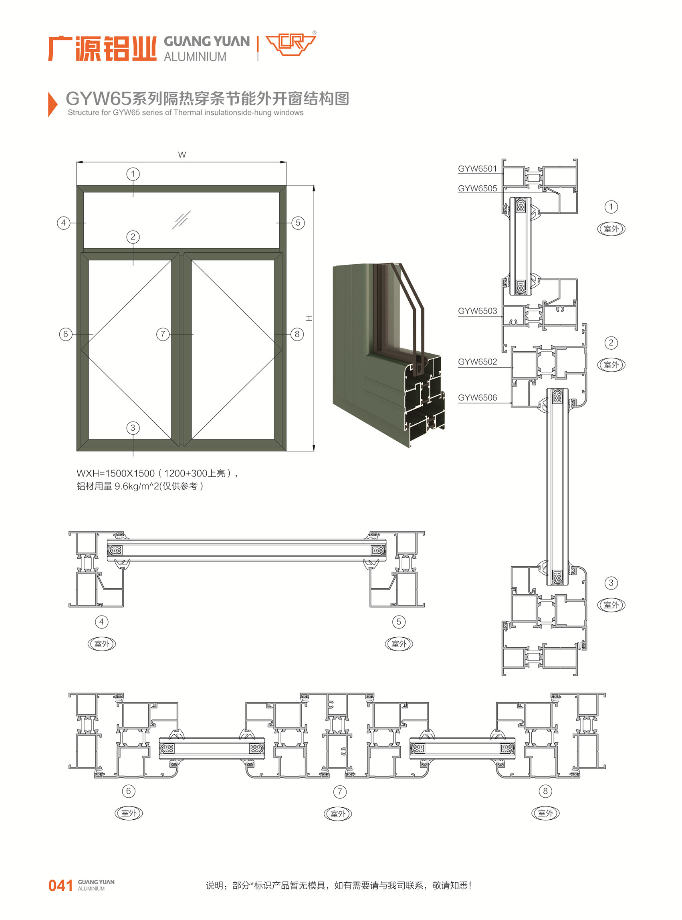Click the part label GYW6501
tap(477, 168)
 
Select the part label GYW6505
tap(477, 188)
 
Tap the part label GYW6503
tap(477, 311)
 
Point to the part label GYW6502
tap(477, 362)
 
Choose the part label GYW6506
tap(477, 398)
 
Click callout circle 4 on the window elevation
tap(64, 223)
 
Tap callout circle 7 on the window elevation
tap(163, 334)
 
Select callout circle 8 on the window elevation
tap(297, 334)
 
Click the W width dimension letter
tap(182, 155)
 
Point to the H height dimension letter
tap(309, 318)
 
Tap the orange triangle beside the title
tap(52, 105)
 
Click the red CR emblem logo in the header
tap(291, 44)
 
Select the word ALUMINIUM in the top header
tap(195, 57)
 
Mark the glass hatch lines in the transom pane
tap(181, 220)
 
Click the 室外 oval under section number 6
tap(128, 813)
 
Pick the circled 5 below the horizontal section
tap(399, 622)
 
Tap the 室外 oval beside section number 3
tap(611, 605)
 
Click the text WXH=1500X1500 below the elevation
tap(115, 473)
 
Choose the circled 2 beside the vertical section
tap(611, 343)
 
